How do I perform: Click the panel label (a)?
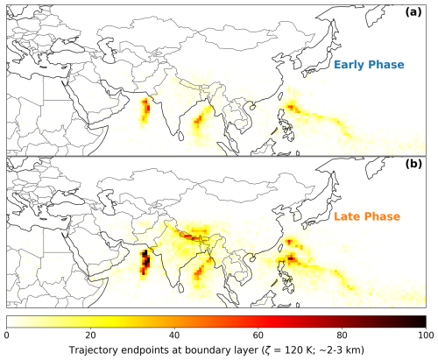[x=413, y=12]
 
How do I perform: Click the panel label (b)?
[x=413, y=164]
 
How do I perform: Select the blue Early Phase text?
[x=369, y=65]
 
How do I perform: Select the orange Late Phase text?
[x=367, y=216]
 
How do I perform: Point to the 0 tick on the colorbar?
[x=6, y=335]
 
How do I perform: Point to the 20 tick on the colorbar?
[x=90, y=335]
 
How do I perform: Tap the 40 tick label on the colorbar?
[x=174, y=335]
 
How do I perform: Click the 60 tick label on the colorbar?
[x=258, y=335]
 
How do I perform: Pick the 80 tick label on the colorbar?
[x=342, y=335]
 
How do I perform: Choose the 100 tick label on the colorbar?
[x=426, y=335]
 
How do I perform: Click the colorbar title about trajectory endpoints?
[x=216, y=349]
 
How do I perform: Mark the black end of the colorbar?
[x=423, y=321]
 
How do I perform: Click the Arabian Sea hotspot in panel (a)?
[x=145, y=110]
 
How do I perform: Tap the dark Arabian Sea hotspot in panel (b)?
[x=145, y=261]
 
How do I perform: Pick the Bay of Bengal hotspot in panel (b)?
[x=200, y=271]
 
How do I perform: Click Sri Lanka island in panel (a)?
[x=181, y=135]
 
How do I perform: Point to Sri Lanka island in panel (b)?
[x=181, y=286]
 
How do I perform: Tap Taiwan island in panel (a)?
[x=282, y=95]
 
